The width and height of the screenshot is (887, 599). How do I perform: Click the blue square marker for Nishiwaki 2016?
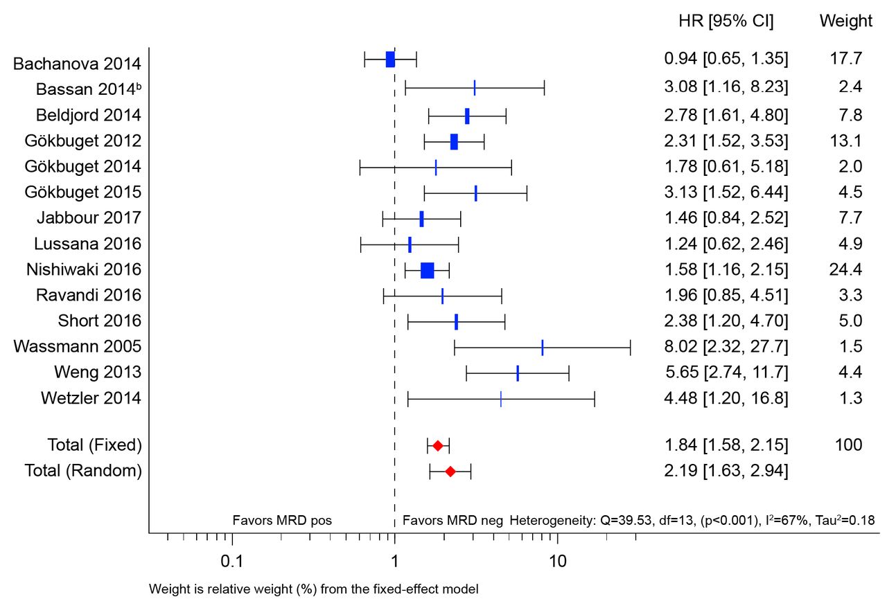coord(427,270)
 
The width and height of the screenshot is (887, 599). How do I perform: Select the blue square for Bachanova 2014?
coord(390,60)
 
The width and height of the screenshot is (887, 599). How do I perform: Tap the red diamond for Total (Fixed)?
coord(437,445)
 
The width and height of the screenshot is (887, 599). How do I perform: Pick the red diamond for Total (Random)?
coord(450,472)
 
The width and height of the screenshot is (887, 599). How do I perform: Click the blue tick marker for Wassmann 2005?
coord(542,347)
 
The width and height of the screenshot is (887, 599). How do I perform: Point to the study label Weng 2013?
coord(98,373)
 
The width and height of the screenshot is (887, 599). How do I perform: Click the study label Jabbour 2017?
coord(89,218)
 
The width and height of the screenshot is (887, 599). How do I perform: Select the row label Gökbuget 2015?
coord(83,192)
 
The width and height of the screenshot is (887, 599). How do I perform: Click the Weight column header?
coord(846,21)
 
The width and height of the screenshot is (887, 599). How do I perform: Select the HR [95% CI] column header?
coord(726,21)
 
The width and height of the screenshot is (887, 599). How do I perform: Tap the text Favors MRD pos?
coord(282,521)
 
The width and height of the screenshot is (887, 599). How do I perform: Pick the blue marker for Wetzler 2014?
coord(500,399)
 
